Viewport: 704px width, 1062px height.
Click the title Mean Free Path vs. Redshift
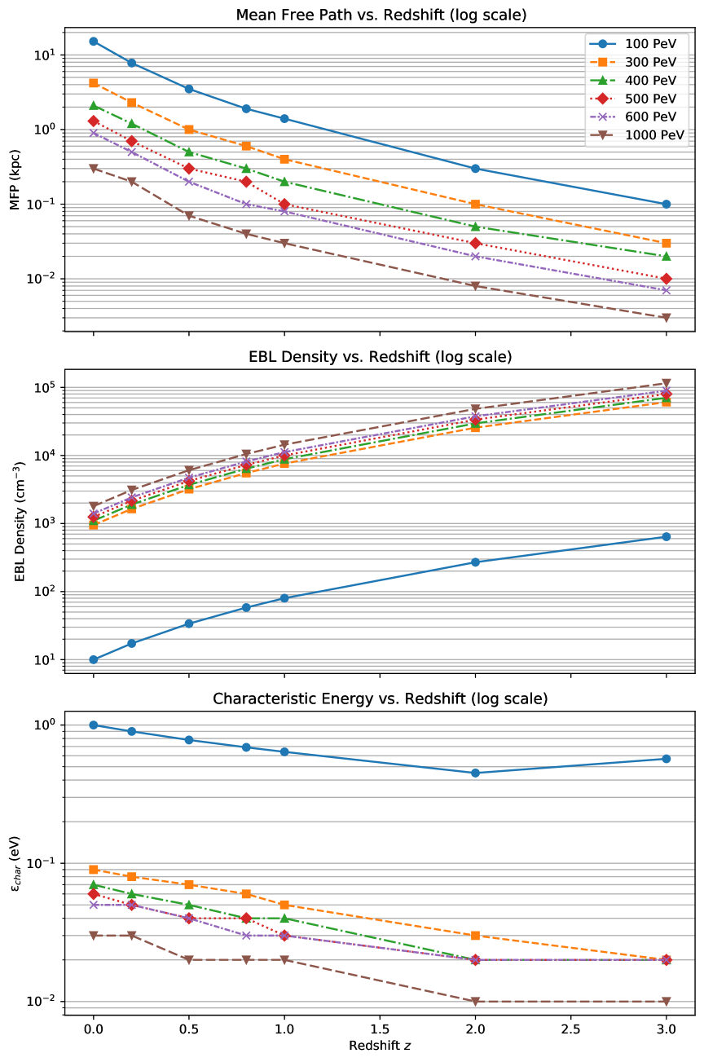click(379, 15)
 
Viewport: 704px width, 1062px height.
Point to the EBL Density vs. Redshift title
click(379, 357)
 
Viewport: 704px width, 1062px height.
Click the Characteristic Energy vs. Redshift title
click(379, 699)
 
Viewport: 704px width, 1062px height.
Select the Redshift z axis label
click(379, 1046)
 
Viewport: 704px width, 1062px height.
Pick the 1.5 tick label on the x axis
click(380, 1029)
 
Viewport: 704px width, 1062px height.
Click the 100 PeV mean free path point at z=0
click(94, 42)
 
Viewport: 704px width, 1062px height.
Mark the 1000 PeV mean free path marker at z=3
click(667, 318)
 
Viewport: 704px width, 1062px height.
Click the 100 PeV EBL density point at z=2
click(475, 562)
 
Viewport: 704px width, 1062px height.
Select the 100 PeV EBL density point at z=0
click(94, 660)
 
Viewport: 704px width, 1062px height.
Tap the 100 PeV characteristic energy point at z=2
click(475, 773)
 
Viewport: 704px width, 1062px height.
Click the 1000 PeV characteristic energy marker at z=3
click(667, 1002)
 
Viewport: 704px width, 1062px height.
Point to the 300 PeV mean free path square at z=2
click(475, 205)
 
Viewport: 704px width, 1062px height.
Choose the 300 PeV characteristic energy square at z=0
click(94, 870)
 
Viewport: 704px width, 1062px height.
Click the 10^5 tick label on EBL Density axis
click(46, 388)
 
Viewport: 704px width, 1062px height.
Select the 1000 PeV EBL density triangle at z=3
click(667, 383)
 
